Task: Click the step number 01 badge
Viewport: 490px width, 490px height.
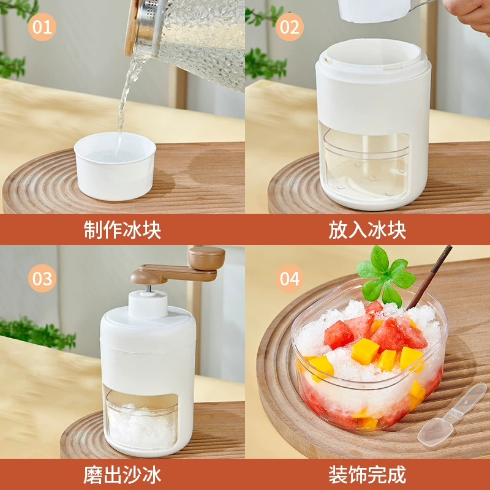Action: (42, 27)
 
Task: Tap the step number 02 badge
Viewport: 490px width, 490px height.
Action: (289, 27)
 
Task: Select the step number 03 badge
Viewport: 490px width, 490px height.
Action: (42, 278)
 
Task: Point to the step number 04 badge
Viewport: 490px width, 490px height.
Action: (289, 278)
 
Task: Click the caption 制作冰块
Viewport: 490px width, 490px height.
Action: (122, 230)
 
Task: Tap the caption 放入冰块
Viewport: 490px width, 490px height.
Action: (367, 230)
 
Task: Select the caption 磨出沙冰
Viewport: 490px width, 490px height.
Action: (122, 475)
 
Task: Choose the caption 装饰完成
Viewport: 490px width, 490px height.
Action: (367, 475)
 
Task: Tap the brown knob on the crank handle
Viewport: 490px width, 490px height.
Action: (206, 258)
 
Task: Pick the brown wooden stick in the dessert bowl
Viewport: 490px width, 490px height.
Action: (429, 277)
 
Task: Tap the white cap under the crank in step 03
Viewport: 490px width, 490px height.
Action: (148, 304)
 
